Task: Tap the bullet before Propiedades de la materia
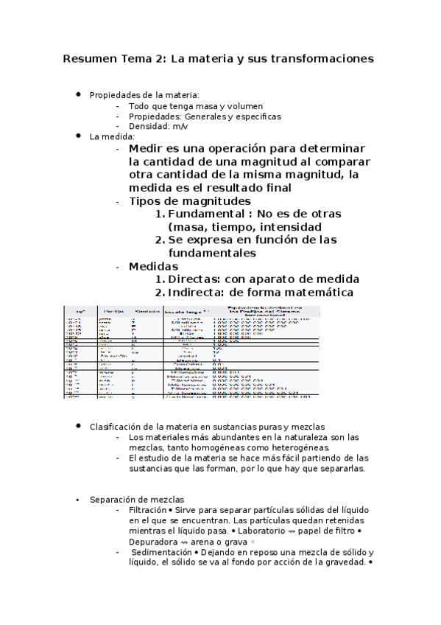click(x=78, y=95)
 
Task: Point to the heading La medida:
click(x=112, y=137)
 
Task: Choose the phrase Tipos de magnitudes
click(x=189, y=200)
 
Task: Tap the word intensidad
click(x=286, y=227)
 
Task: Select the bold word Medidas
click(x=153, y=266)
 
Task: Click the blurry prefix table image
click(x=191, y=352)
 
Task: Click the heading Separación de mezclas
click(x=126, y=500)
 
